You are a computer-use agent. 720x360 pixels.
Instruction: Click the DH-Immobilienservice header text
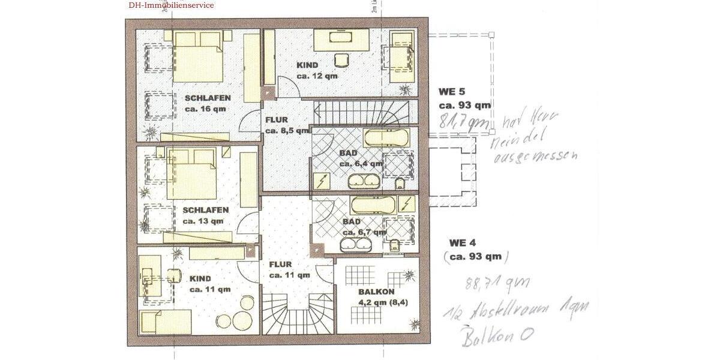(170, 5)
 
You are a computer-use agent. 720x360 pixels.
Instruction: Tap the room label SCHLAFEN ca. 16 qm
(207, 103)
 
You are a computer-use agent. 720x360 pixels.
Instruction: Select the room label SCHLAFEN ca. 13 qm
(205, 215)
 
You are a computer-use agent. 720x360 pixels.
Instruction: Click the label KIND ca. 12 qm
(317, 70)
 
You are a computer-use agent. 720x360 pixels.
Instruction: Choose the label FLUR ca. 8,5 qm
(280, 125)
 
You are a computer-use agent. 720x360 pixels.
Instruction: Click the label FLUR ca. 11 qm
(289, 269)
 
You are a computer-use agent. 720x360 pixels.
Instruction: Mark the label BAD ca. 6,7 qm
(362, 226)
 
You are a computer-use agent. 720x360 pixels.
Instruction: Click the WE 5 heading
(452, 92)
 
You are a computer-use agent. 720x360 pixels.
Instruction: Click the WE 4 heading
(462, 243)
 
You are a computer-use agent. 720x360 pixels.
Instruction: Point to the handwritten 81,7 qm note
(463, 121)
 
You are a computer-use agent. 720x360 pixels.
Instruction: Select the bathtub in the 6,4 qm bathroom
(387, 139)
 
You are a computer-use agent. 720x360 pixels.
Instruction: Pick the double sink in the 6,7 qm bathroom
(356, 245)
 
